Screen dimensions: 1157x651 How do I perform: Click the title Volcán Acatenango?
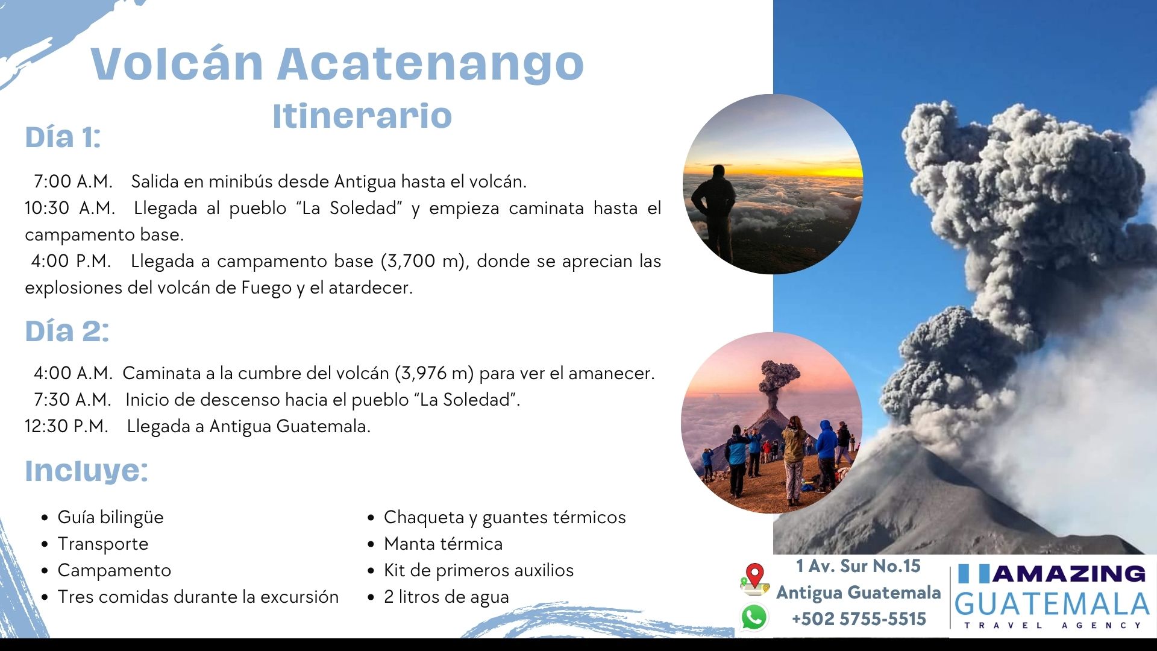[337, 64]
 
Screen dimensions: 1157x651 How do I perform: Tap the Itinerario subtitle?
[362, 116]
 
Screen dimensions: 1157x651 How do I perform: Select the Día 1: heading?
[63, 137]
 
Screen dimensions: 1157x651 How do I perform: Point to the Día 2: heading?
[67, 331]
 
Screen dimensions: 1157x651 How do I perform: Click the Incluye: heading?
[86, 471]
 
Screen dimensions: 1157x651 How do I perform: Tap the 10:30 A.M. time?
[70, 208]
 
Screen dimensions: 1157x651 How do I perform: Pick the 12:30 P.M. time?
[66, 426]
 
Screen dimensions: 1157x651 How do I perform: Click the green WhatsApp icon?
[754, 617]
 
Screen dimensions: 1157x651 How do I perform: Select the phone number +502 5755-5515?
[859, 619]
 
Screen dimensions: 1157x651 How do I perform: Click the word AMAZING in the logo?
[1069, 573]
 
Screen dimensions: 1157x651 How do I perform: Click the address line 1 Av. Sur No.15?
[858, 566]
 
